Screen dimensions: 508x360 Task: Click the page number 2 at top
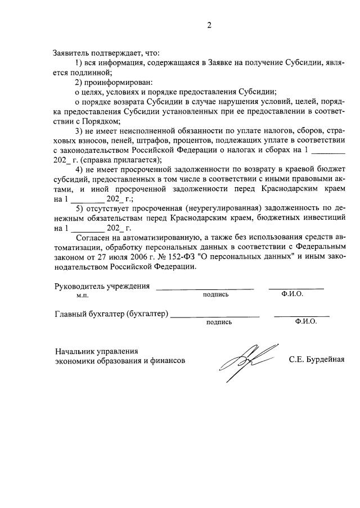pos(209,25)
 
